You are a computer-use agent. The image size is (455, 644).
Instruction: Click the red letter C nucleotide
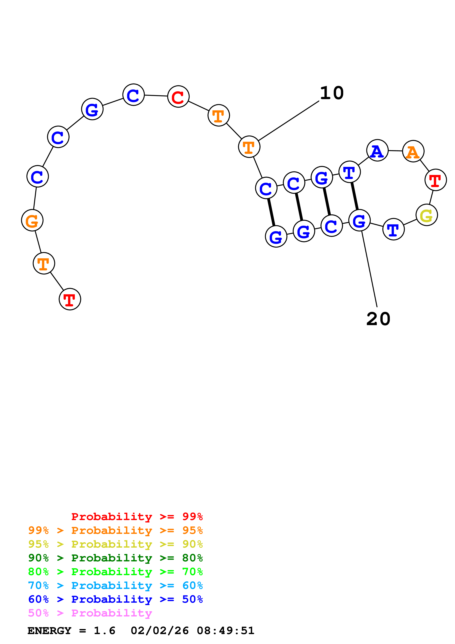[178, 97]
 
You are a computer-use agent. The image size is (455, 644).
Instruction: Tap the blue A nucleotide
[377, 150]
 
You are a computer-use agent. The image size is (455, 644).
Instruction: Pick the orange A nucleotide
[413, 151]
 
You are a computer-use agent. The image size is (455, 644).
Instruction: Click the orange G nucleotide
[32, 220]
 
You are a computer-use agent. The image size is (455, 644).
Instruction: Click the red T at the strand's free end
[70, 299]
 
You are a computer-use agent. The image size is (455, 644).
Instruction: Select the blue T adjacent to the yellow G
[393, 229]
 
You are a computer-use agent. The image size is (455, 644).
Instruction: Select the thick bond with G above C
[327, 201]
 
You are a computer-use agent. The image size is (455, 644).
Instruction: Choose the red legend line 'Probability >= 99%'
[137, 517]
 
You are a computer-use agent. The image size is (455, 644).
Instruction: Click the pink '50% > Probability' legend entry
[90, 613]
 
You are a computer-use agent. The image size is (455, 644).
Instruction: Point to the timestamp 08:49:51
[225, 631]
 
